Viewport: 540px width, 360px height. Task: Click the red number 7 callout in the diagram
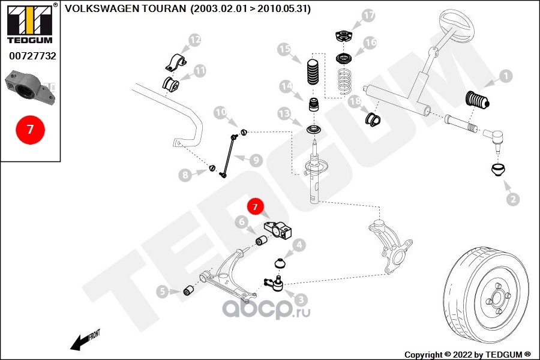pos(255,207)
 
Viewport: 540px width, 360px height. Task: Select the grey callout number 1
pos(505,76)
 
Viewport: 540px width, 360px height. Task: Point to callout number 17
pos(368,16)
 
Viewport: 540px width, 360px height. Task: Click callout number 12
pos(195,40)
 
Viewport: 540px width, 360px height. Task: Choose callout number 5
pos(162,292)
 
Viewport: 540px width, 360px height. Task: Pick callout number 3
pos(301,299)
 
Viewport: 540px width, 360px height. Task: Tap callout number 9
pos(256,160)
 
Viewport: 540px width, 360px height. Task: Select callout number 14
pos(287,87)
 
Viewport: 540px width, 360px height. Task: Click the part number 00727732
pos(32,56)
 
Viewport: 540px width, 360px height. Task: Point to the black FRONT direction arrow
pos(77,344)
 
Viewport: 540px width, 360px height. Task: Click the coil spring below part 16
pos(344,82)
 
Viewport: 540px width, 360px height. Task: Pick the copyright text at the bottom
pos(467,354)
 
